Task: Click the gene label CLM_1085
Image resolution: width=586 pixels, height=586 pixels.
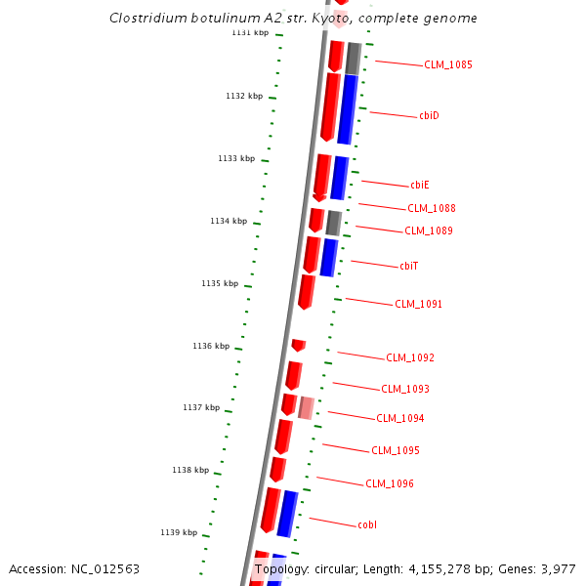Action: pos(447,65)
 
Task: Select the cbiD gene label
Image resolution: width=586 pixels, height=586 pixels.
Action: pos(429,116)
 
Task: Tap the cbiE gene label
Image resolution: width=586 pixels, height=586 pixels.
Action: pos(420,185)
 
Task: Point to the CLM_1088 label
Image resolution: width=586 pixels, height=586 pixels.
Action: pos(432,208)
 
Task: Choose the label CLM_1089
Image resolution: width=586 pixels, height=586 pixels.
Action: pos(429,231)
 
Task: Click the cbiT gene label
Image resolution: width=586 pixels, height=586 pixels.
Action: pos(409,266)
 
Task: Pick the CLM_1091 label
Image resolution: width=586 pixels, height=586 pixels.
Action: pos(418,305)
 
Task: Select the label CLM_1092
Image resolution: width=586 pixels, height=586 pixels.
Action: pos(410,358)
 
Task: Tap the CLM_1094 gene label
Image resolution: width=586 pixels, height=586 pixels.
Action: pos(400,419)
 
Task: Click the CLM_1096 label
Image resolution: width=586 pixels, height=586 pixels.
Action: pos(390,484)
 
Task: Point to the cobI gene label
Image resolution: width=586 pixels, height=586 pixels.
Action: pos(367,525)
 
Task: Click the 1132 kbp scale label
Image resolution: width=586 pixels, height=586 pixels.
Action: pos(244,97)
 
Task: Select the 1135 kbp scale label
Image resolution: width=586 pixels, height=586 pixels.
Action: pos(220,284)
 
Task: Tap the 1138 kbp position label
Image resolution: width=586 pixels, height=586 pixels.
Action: pos(190,471)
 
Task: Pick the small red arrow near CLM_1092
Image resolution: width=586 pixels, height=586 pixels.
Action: pos(299,345)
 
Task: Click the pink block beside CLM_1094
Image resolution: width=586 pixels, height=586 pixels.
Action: pos(306,407)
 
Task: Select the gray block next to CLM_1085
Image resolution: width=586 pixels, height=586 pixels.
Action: pos(354,59)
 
